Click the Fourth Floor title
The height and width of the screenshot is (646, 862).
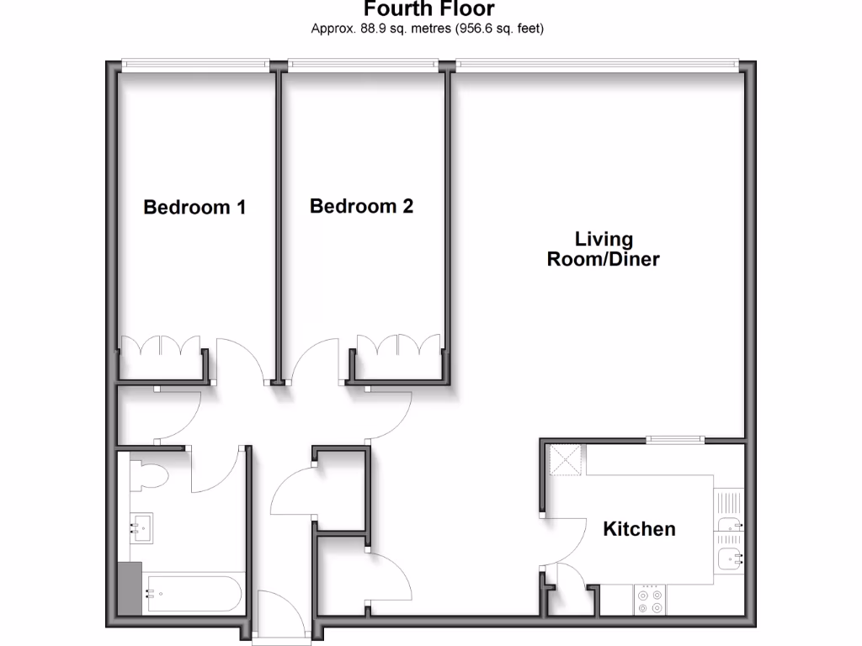pos(428,10)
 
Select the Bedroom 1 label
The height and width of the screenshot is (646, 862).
pos(194,207)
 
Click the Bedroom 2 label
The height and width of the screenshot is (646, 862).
pos(361,206)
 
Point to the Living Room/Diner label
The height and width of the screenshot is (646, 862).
pos(603,250)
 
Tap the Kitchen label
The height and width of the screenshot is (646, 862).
pos(639,529)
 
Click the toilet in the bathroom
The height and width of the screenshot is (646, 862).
pos(152,476)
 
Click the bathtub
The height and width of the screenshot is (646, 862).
pos(194,593)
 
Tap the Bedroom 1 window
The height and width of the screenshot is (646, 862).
pos(194,62)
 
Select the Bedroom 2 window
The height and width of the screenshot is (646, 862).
pos(363,62)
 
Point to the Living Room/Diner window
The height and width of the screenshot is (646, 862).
pos(597,62)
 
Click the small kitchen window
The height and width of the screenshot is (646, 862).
pos(675,438)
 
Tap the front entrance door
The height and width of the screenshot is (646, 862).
pos(282,618)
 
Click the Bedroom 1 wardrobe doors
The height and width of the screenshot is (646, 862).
pos(160,347)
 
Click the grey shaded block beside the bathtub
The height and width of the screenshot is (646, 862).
pos(130,588)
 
